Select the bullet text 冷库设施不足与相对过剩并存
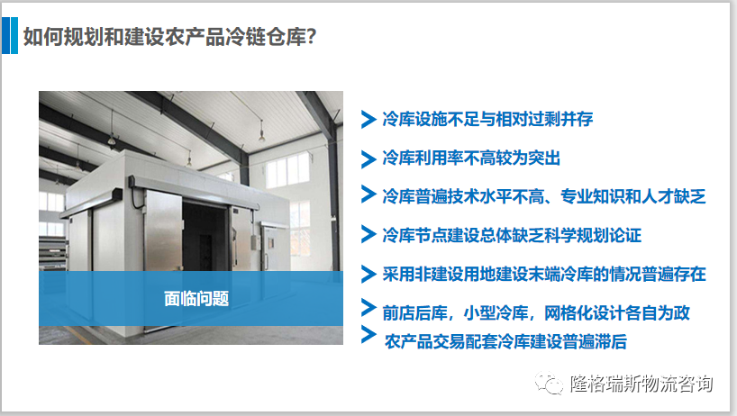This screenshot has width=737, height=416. (x=487, y=119)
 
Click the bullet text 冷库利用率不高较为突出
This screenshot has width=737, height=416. (x=471, y=158)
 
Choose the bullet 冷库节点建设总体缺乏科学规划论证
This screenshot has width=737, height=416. (x=512, y=235)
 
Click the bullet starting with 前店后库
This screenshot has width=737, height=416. (x=536, y=312)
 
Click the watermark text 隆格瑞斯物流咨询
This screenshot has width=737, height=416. (x=641, y=384)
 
